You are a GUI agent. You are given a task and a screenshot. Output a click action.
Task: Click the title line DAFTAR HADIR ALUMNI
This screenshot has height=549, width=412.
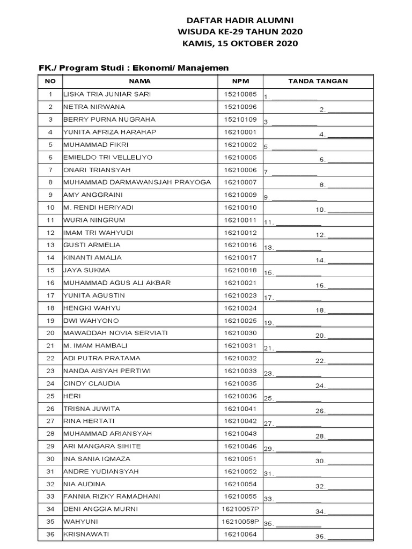(x=240, y=20)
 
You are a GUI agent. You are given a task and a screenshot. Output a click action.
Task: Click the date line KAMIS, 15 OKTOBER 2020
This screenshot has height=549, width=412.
(x=240, y=43)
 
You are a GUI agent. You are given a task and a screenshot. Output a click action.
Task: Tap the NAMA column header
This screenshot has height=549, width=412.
(x=140, y=81)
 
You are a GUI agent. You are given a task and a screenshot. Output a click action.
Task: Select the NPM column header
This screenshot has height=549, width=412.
(x=240, y=81)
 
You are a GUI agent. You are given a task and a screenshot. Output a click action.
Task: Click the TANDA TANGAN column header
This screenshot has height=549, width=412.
(x=318, y=81)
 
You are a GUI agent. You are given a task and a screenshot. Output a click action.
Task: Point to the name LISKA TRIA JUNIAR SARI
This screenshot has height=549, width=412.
(x=107, y=94)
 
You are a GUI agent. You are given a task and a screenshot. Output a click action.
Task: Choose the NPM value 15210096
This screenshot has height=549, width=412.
(x=240, y=107)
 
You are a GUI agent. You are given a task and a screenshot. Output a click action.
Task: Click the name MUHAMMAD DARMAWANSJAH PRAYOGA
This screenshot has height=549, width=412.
(x=137, y=182)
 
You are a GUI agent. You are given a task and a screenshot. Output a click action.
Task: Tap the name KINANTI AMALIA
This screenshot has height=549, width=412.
(x=92, y=257)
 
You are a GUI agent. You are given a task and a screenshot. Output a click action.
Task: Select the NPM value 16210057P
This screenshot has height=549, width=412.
(x=240, y=509)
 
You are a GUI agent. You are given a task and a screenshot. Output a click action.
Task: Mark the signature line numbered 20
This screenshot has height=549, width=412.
(x=350, y=336)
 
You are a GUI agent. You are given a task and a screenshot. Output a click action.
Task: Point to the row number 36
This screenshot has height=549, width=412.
(x=50, y=534)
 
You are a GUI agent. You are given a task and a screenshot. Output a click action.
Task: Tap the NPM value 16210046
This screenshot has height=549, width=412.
(x=240, y=446)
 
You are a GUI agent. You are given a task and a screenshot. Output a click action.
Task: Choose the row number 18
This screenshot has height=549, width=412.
(x=50, y=308)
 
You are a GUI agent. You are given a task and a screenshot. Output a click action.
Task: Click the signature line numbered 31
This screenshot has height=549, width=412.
(x=298, y=474)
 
